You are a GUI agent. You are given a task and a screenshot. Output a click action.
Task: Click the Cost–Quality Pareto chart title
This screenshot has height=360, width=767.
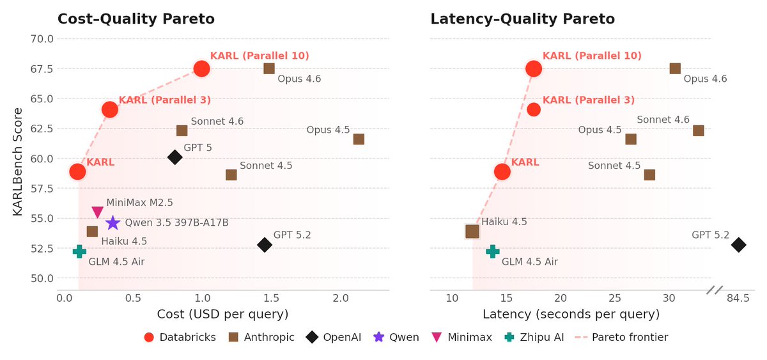[136, 19]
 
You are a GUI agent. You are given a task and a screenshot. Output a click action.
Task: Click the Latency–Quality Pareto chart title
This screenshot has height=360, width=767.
[522, 19]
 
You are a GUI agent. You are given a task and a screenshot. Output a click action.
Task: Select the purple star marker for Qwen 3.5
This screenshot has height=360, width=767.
[112, 223]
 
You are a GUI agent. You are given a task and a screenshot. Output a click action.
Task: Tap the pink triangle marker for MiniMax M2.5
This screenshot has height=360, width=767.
[97, 212]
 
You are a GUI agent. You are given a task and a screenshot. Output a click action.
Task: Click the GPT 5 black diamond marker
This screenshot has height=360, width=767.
[174, 157]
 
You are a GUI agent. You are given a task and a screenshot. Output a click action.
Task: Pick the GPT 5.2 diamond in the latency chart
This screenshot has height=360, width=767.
[738, 244]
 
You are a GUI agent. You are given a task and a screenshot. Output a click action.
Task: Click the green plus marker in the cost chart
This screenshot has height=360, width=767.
[79, 251]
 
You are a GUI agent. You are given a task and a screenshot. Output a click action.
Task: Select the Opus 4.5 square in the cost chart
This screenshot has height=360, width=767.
[359, 139]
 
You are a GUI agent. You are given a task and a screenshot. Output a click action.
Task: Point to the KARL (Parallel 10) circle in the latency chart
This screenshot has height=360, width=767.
[534, 68]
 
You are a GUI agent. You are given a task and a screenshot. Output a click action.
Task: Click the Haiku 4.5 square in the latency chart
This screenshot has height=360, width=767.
[472, 231]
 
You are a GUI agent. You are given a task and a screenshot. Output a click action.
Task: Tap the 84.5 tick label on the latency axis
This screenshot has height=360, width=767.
[738, 298]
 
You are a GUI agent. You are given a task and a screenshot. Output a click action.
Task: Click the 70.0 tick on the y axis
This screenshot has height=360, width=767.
[42, 38]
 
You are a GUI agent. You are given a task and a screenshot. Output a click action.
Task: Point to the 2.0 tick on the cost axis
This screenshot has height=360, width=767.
[341, 298]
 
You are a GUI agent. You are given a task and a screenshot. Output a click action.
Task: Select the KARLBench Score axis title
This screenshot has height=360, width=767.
[18, 162]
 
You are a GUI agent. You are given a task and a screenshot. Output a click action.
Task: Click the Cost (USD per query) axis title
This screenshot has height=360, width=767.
[222, 314]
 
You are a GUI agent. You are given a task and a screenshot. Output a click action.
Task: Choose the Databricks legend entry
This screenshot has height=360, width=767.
[180, 337]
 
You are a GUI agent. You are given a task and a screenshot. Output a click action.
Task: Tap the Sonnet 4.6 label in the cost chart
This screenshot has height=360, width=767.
[217, 121]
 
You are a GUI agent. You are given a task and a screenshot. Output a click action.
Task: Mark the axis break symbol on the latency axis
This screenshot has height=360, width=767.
[714, 290]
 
